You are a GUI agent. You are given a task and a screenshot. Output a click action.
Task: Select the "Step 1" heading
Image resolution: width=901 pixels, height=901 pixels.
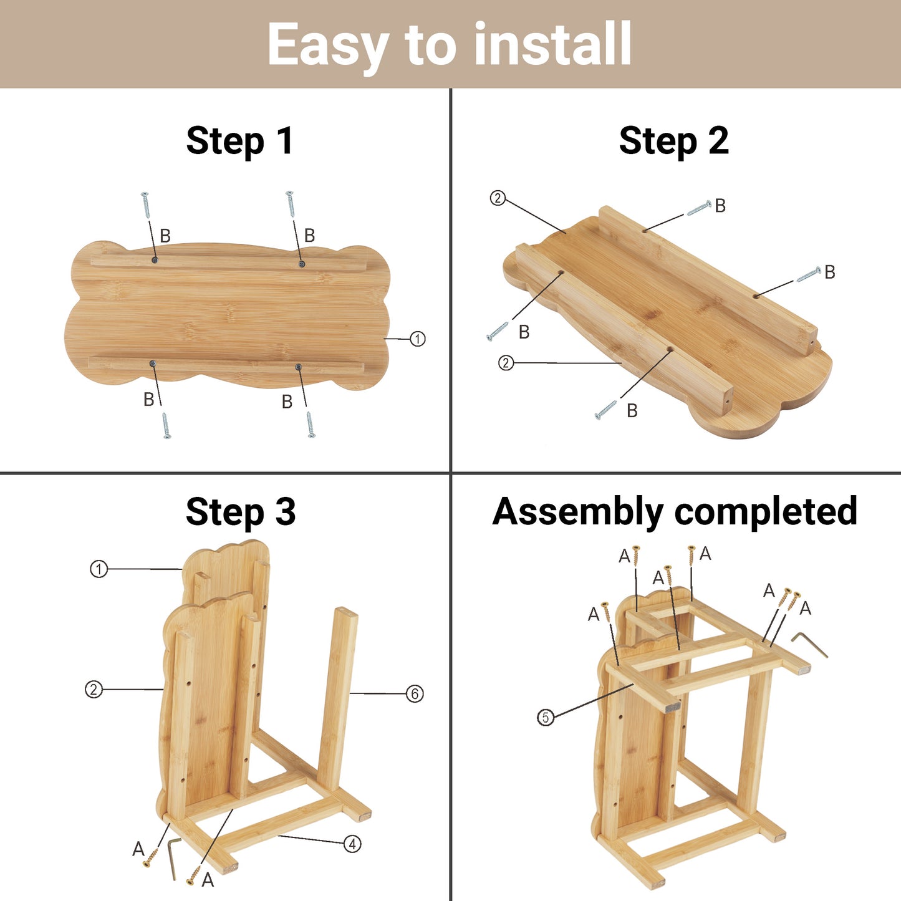(240, 141)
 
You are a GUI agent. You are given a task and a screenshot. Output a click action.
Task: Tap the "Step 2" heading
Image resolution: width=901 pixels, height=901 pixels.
(674, 141)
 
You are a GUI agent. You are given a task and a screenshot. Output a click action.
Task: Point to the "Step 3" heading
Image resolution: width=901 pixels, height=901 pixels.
(241, 512)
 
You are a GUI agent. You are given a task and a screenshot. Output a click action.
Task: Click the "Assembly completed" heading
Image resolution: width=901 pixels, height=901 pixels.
(675, 512)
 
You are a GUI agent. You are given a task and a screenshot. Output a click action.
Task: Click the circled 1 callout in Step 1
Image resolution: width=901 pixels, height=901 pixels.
(418, 339)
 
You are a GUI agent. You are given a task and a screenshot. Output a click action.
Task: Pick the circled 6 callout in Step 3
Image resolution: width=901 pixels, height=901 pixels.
(415, 693)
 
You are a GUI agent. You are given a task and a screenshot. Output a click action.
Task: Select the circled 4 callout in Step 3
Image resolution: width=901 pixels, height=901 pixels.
(352, 844)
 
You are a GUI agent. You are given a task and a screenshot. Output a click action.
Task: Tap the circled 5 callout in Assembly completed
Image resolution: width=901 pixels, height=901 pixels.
(545, 717)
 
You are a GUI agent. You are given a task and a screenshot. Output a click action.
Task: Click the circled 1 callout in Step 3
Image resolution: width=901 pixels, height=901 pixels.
(99, 569)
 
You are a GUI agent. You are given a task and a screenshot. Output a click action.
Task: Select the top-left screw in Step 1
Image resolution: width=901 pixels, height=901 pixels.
(145, 205)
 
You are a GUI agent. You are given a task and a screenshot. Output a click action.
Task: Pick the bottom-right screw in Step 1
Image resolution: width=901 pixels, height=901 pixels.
(310, 425)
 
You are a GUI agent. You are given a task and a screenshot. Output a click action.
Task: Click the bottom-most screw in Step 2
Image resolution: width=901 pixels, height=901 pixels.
(605, 410)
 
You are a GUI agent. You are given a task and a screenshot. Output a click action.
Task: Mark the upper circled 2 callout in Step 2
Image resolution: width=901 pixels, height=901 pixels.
(498, 198)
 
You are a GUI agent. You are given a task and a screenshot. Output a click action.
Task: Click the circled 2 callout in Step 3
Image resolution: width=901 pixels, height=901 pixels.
(94, 690)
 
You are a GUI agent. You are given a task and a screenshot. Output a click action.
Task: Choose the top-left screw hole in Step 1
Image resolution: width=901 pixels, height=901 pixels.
(154, 260)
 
